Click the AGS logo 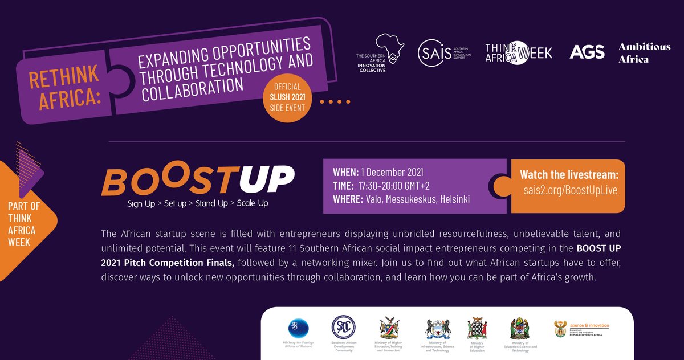587,52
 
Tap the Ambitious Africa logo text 644,52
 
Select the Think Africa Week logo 519,53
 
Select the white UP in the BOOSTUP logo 267,179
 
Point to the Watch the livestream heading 569,175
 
